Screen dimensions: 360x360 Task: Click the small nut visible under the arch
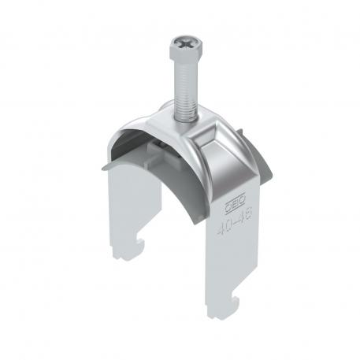tap(158, 146)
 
